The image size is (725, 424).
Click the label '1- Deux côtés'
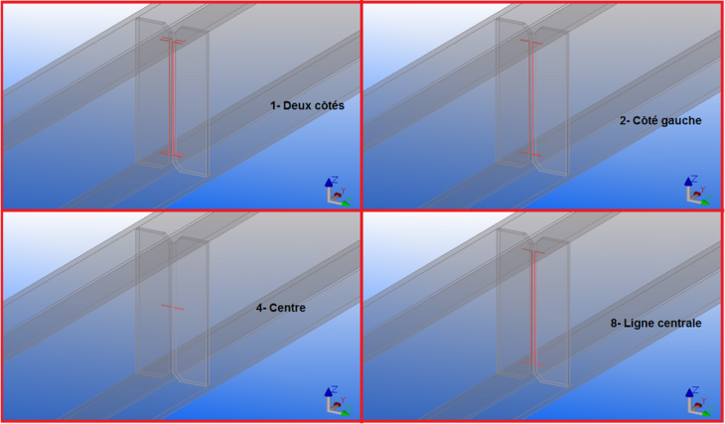click(307, 104)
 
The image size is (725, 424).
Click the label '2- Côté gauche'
click(660, 120)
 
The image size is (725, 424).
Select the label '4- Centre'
click(280, 308)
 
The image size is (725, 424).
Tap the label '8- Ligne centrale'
click(656, 324)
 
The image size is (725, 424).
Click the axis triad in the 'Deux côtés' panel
click(336, 191)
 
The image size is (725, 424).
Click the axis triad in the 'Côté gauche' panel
click(696, 191)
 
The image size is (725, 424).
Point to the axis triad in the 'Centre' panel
click(336, 400)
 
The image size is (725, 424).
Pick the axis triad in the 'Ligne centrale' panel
click(696, 400)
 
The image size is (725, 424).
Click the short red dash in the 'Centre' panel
click(172, 307)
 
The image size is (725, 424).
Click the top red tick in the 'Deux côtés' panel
click(172, 42)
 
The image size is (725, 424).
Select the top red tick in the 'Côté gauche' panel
click(531, 43)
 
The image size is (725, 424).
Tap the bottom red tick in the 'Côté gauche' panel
click(531, 155)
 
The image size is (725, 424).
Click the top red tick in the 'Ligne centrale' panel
click(532, 252)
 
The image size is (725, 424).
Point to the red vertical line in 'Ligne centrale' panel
click(532, 308)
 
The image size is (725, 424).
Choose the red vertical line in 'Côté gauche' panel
click(531, 99)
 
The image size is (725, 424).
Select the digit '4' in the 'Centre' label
click(259, 308)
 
